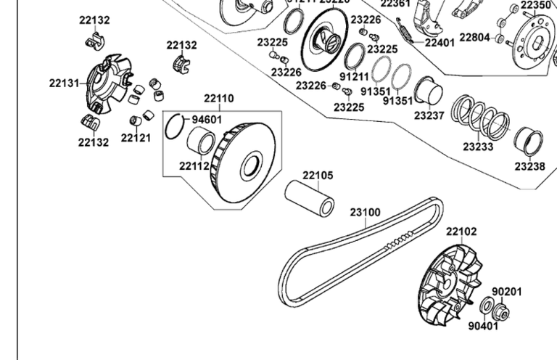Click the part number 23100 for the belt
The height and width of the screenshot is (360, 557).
[365, 213]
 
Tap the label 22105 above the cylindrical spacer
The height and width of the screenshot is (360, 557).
[318, 175]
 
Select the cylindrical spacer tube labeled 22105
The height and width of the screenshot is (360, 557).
[309, 198]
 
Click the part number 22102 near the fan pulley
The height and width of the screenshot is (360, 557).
[461, 232]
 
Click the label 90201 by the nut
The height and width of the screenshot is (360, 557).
[507, 292]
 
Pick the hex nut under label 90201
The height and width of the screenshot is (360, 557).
[502, 314]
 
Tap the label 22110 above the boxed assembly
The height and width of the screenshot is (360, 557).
[218, 98]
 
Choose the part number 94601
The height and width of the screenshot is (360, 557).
[207, 120]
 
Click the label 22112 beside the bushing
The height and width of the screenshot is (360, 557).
[194, 165]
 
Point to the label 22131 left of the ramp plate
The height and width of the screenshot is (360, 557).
[65, 83]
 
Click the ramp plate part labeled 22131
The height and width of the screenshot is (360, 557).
[105, 83]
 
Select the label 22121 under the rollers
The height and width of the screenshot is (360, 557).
[136, 138]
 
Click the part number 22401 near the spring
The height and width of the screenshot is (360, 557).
[440, 42]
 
